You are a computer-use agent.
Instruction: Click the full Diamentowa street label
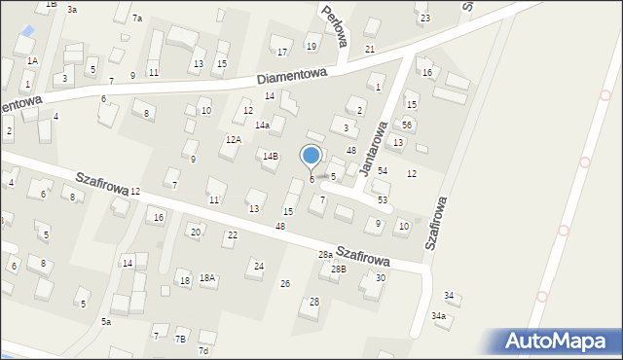pyautogui.click(x=294, y=78)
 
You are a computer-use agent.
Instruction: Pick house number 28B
pyautogui.click(x=338, y=269)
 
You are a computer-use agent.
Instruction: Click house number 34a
pyautogui.click(x=439, y=316)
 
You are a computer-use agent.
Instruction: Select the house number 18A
pyautogui.click(x=207, y=278)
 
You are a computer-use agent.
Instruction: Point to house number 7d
pyautogui.click(x=203, y=350)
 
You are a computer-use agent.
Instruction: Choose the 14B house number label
pyautogui.click(x=270, y=156)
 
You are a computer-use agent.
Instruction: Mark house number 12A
pyautogui.click(x=233, y=140)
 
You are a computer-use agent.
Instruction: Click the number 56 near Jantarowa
pyautogui.click(x=408, y=126)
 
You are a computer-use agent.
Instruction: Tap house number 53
pyautogui.click(x=383, y=199)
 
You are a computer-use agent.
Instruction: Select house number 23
pyautogui.click(x=424, y=18)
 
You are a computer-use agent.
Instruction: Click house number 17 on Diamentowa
pyautogui.click(x=282, y=53)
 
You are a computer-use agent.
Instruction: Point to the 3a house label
pyautogui.click(x=72, y=9)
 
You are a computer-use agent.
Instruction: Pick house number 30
pyautogui.click(x=381, y=278)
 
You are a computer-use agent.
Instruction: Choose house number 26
pyautogui.click(x=285, y=283)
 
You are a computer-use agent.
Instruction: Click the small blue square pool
pyautogui.click(x=27, y=31)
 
